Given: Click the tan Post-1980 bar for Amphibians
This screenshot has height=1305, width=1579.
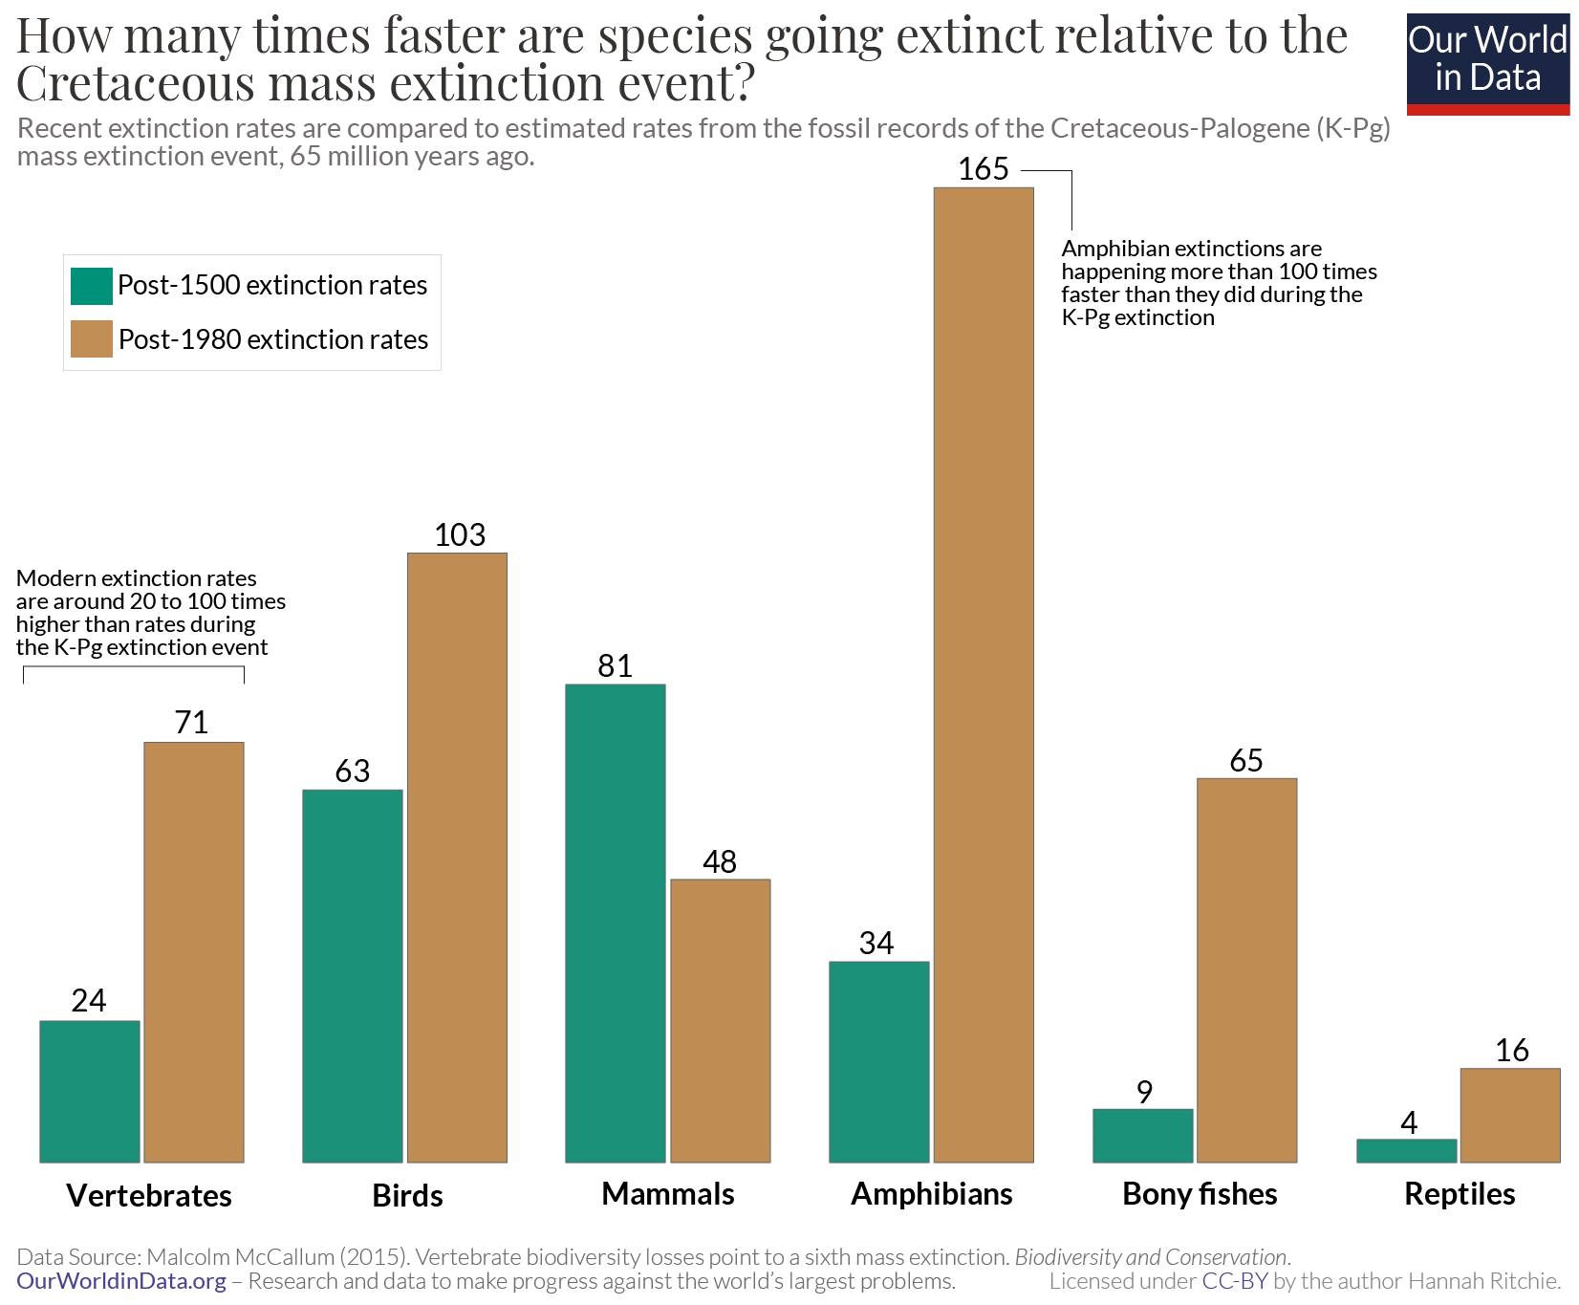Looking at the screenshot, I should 984,674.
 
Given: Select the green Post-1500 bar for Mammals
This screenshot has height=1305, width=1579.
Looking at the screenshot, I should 615,923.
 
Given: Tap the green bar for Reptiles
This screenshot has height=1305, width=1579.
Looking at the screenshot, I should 1406,1150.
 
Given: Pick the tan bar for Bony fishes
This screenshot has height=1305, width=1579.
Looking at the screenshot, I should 1246,969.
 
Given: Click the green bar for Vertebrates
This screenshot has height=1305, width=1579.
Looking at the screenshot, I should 90,1091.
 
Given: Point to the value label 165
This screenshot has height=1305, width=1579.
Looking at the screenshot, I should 983,169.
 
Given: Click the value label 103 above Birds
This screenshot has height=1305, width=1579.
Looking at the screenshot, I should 460,535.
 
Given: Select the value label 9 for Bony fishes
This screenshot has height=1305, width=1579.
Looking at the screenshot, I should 1144,1092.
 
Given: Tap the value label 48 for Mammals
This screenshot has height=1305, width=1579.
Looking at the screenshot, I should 719,862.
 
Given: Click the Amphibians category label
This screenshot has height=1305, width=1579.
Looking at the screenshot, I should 931,1194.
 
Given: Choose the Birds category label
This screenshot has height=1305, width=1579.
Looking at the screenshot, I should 407,1196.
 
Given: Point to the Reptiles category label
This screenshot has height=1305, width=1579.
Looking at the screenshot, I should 1459,1194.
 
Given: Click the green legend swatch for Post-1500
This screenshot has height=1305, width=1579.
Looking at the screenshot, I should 92,286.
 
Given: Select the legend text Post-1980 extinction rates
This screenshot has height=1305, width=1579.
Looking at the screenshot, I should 272,339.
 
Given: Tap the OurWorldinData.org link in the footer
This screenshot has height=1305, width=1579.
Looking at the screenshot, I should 121,1281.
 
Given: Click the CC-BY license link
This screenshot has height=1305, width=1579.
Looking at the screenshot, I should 1234,1281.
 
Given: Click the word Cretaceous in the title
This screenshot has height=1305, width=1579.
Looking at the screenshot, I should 135,84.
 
